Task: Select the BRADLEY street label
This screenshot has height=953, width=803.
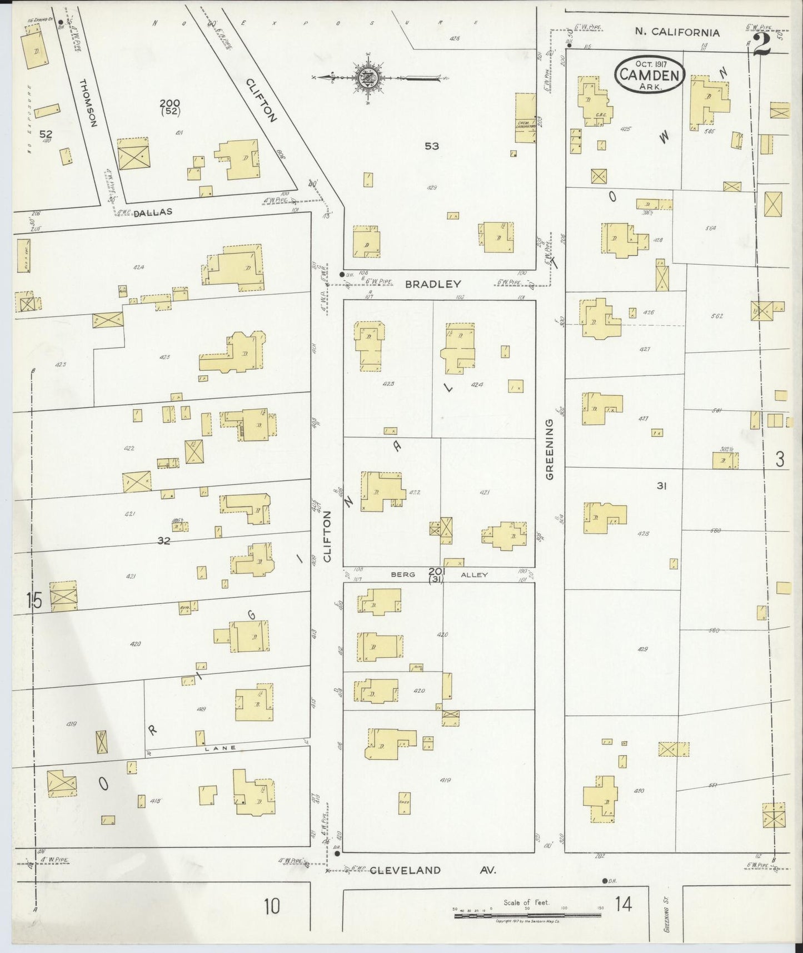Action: pyautogui.click(x=433, y=284)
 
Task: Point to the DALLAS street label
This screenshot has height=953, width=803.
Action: pyautogui.click(x=153, y=212)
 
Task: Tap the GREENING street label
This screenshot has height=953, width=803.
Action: pyautogui.click(x=550, y=449)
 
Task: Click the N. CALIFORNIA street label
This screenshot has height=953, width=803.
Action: pyautogui.click(x=677, y=32)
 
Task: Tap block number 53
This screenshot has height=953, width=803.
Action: pyautogui.click(x=432, y=146)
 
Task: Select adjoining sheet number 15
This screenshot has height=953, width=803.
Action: pyautogui.click(x=33, y=601)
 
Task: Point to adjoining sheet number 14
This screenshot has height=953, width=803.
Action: pyautogui.click(x=624, y=905)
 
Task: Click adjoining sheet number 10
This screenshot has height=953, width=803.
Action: pyautogui.click(x=271, y=906)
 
